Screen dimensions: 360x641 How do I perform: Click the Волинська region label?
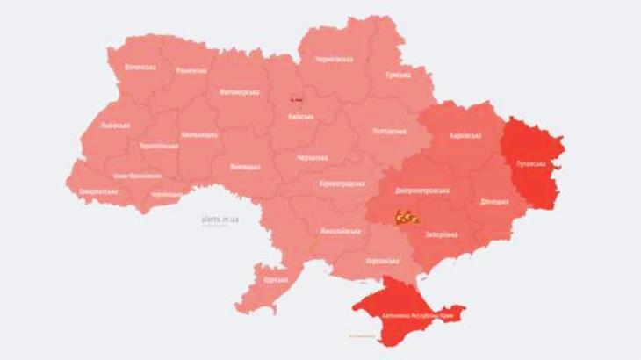tap(140, 66)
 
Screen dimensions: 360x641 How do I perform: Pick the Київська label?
tap(301, 117)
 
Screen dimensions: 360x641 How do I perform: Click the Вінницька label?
tap(245, 166)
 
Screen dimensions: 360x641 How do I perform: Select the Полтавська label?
tap(389, 132)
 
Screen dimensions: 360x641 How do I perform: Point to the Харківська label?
tap(465, 136)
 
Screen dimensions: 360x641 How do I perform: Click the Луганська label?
tap(531, 163)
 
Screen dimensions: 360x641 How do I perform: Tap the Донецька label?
tap(493, 201)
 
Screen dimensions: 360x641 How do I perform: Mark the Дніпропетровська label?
tap(423, 190)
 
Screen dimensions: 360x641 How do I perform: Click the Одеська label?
tap(275, 279)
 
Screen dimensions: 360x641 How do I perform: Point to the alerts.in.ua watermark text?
tap(219, 219)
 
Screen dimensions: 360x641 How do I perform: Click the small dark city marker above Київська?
tap(296, 100)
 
